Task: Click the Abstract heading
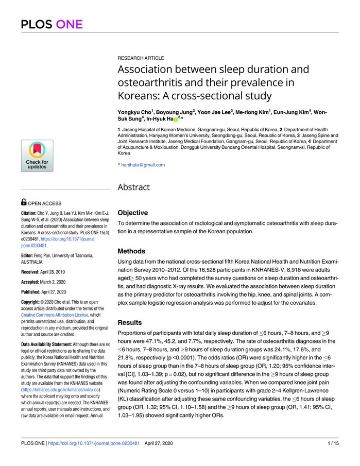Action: pos(133,187)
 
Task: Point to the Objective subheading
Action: pos(133,212)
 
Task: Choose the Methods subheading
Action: pos(131,251)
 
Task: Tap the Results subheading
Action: pos(130,322)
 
